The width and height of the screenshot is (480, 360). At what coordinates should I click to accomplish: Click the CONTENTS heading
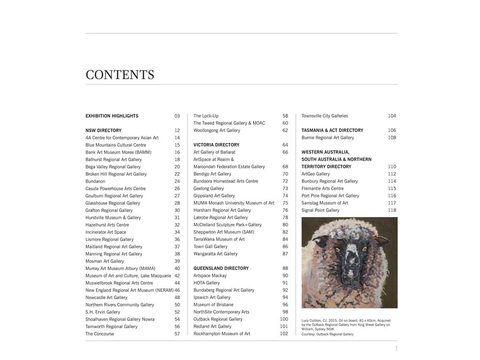[120, 75]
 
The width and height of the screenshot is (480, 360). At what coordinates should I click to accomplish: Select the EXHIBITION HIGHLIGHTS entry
[112, 116]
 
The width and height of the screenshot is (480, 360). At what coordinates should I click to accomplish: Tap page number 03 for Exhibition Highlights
[177, 116]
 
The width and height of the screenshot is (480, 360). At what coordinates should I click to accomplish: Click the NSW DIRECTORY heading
[103, 130]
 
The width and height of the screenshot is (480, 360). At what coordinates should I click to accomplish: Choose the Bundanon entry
[95, 181]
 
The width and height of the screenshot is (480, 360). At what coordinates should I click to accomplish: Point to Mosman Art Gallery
[105, 261]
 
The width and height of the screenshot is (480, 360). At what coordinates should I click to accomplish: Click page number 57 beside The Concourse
[177, 334]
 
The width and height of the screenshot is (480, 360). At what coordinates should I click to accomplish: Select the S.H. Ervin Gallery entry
[103, 312]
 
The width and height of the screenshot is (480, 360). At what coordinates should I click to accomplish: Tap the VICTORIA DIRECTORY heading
[216, 145]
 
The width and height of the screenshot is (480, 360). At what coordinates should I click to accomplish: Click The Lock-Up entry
[206, 116]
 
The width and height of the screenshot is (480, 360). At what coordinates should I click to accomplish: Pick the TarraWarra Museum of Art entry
[219, 240]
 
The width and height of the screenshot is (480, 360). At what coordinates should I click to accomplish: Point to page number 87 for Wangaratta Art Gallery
[285, 254]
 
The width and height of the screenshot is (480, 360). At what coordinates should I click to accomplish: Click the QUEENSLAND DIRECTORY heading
[221, 269]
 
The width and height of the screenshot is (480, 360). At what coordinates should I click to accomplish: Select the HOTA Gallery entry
[206, 283]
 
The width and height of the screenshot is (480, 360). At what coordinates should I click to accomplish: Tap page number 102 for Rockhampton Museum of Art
[284, 334]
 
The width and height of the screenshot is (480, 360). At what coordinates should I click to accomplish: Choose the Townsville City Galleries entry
[324, 116]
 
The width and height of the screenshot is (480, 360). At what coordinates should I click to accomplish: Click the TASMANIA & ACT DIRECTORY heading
[332, 130]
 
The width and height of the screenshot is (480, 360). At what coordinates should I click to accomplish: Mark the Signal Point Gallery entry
[320, 210]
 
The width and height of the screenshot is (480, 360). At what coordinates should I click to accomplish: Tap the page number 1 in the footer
[396, 348]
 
